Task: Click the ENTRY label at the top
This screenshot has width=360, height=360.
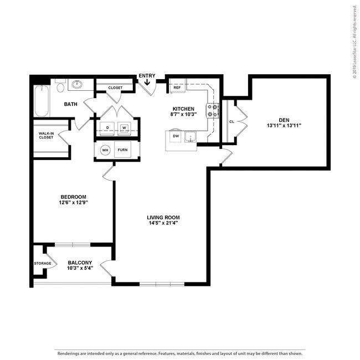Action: [147, 76]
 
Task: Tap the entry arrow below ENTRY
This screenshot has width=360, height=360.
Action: [147, 84]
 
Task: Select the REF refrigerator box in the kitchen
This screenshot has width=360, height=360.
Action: [177, 88]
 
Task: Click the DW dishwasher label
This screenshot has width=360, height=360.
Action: [176, 135]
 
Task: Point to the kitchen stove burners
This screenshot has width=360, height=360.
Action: [213, 111]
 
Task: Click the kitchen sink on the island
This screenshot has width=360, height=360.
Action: [190, 136]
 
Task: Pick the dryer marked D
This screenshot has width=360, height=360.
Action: [107, 128]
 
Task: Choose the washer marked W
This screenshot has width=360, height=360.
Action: [125, 128]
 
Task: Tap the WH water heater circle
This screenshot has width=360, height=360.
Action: [105, 150]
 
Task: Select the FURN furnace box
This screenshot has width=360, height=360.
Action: [123, 150]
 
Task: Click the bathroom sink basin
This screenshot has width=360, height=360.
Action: [76, 85]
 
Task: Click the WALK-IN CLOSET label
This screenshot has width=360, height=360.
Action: [46, 135]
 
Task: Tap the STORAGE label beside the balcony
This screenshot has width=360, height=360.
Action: [43, 263]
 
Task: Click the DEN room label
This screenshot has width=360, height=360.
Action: [284, 119]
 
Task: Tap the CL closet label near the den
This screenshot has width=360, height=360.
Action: [231, 121]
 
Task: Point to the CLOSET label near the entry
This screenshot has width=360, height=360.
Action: [115, 88]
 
